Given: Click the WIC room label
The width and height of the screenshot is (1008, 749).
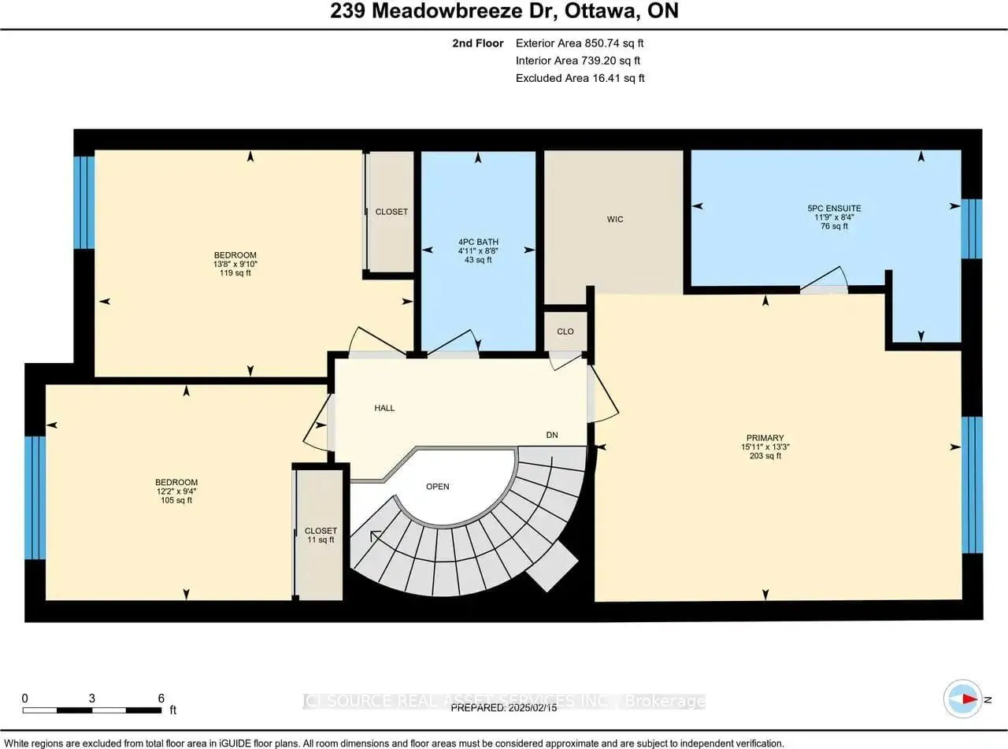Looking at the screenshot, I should click(615, 219).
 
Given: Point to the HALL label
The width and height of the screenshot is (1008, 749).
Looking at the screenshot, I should click(384, 408).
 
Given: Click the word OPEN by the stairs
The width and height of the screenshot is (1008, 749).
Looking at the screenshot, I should click(437, 486).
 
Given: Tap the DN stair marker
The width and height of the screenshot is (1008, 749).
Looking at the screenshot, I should click(553, 435).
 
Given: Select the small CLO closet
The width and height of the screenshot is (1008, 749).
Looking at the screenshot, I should click(565, 332).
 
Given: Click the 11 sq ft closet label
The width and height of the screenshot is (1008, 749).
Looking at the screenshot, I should click(321, 536).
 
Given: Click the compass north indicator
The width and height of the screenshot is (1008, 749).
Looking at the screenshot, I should click(963, 699).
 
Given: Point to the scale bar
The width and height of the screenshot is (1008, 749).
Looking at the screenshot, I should click(93, 710).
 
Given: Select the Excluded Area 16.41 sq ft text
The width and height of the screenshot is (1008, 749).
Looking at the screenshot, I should click(580, 78).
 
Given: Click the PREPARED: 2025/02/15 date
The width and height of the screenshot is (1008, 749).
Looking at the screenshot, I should click(503, 708).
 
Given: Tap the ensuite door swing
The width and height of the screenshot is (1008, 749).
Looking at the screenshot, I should click(825, 280).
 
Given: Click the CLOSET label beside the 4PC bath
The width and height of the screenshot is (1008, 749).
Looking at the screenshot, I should click(391, 211).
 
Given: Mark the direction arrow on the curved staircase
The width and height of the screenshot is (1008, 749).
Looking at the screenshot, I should click(376, 536).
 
